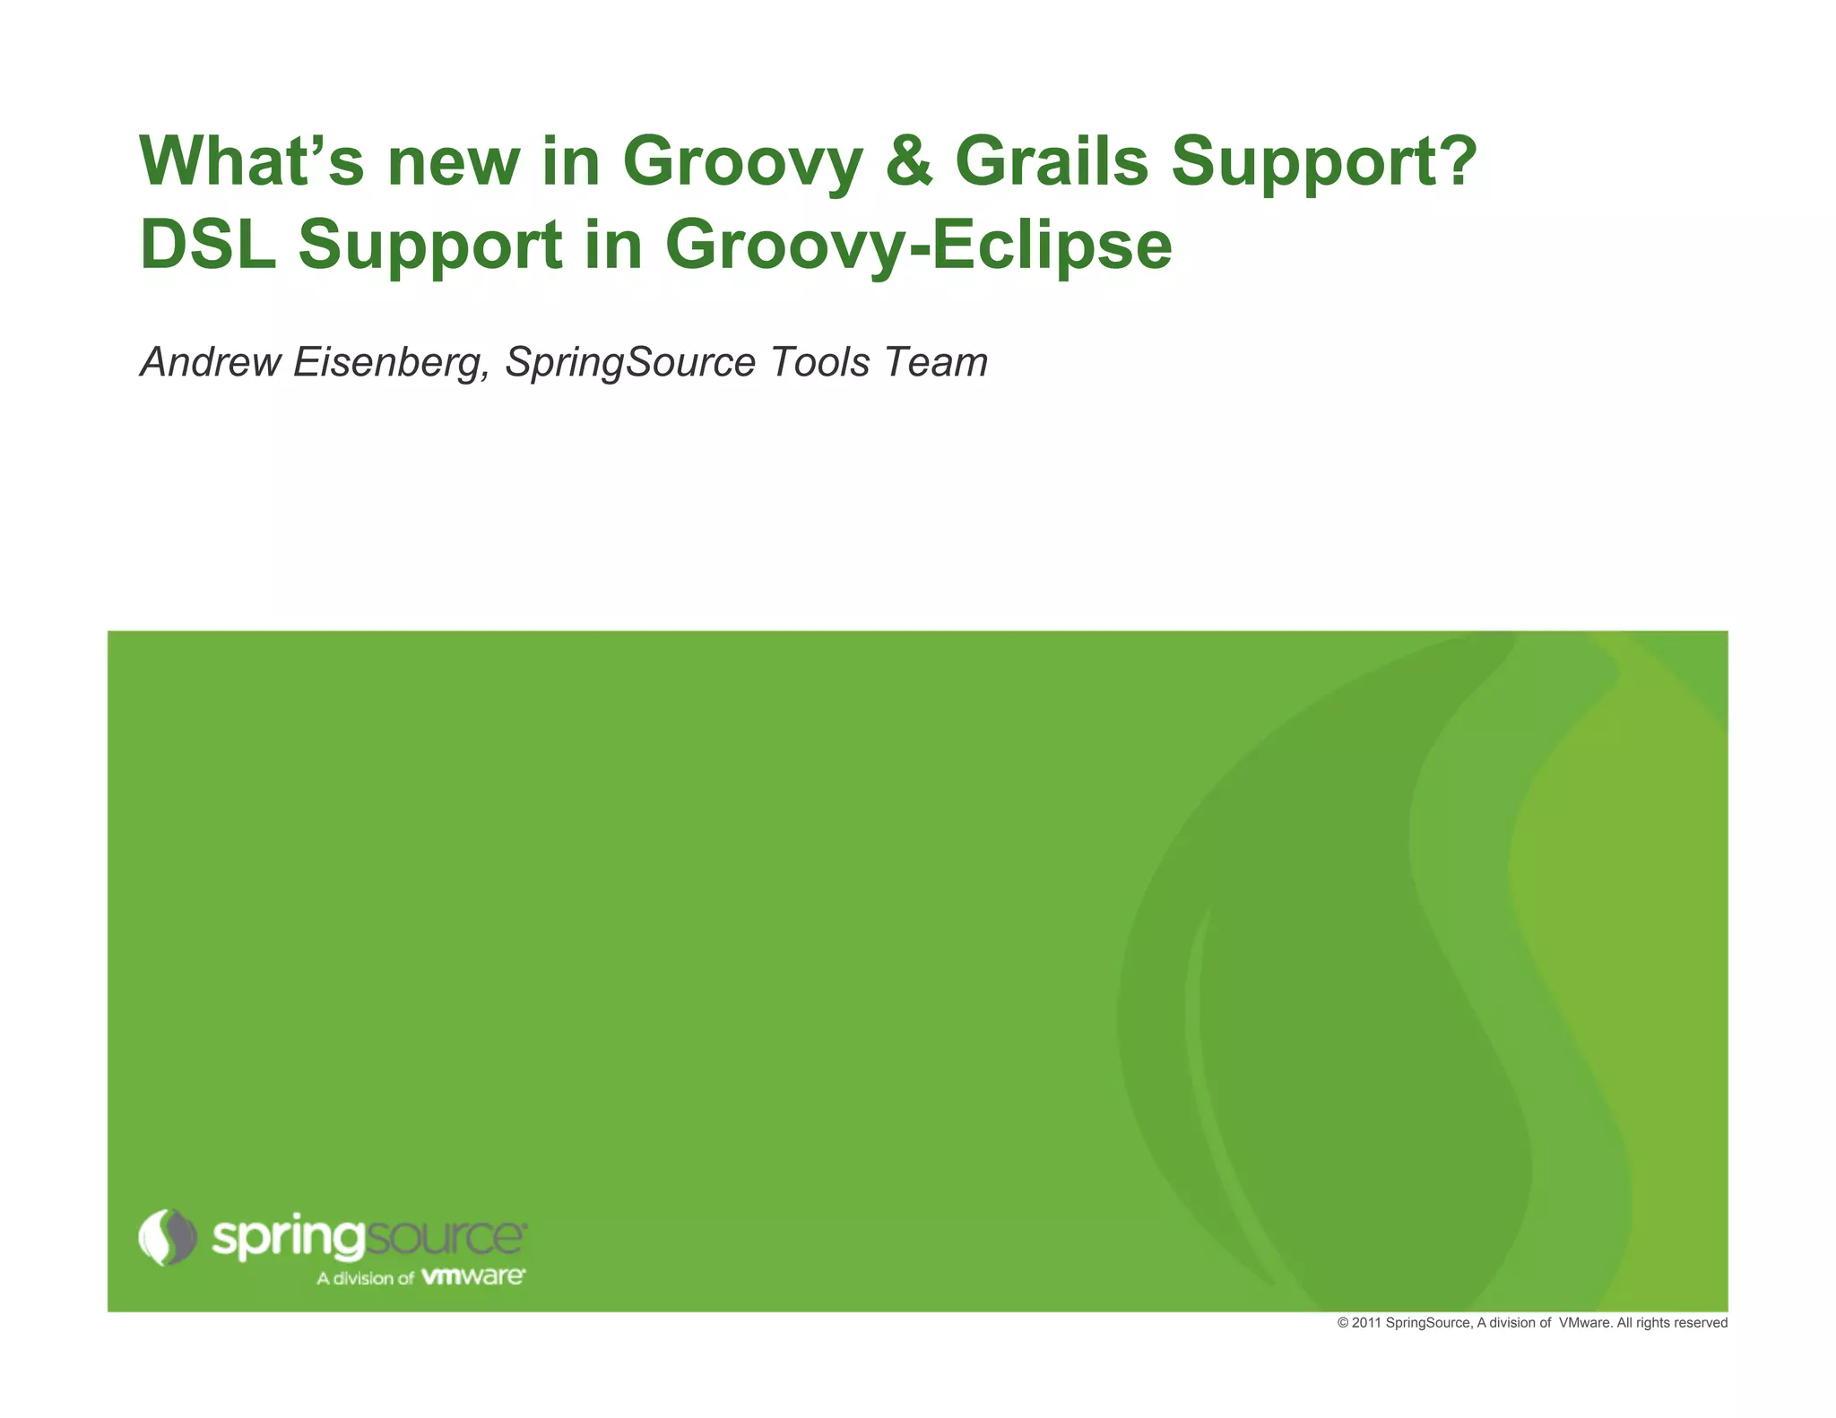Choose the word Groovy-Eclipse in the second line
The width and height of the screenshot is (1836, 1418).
coord(918,246)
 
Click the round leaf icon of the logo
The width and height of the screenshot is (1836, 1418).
coord(168,1237)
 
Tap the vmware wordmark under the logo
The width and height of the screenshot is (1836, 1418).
coord(473,1276)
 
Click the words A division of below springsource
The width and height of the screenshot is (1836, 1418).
coord(365,1278)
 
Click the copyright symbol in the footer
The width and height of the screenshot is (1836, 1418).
coord(1342,1323)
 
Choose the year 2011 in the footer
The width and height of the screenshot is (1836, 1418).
coord(1366,1323)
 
